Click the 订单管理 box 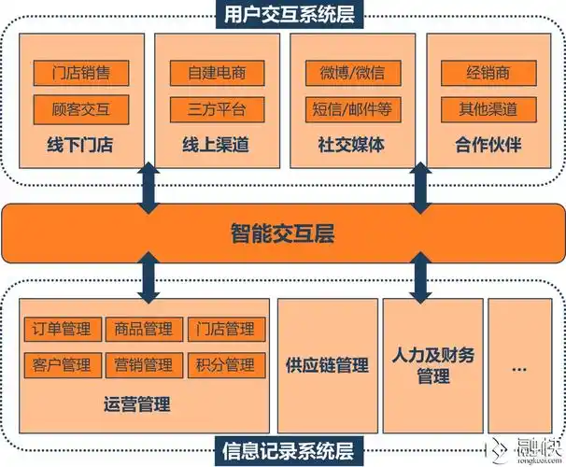click(62, 329)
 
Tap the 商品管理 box click(144, 329)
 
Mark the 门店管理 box click(226, 329)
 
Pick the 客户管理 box click(62, 364)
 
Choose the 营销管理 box click(144, 364)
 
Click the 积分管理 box click(226, 364)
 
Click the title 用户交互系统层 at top click(283, 14)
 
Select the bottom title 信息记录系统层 click(283, 452)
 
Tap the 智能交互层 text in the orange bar click(283, 233)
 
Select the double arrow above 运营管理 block click(148, 276)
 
